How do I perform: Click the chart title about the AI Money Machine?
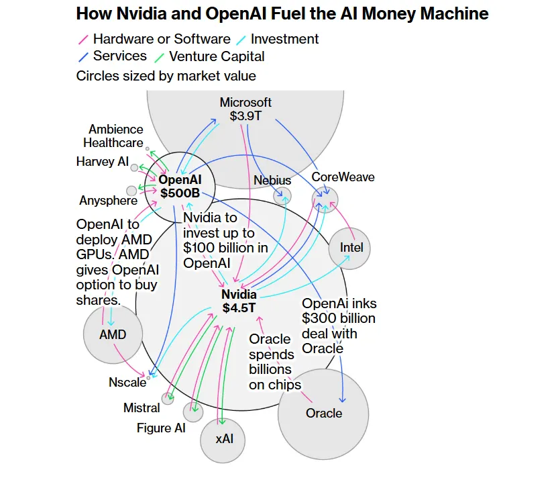(x=282, y=14)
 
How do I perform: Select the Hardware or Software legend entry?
(x=161, y=39)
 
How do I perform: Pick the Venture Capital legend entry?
(x=217, y=56)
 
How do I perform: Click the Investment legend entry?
(x=284, y=39)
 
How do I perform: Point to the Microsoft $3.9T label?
(x=245, y=109)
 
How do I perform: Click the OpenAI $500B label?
(x=180, y=187)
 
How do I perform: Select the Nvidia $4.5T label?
(x=239, y=301)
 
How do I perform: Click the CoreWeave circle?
(x=325, y=199)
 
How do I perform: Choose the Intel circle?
(x=351, y=248)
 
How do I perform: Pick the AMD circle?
(x=113, y=334)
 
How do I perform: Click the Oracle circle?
(x=324, y=413)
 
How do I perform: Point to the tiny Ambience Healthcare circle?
(x=148, y=148)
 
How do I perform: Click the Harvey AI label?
(x=102, y=162)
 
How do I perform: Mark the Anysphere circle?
(x=131, y=191)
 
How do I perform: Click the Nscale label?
(x=127, y=382)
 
